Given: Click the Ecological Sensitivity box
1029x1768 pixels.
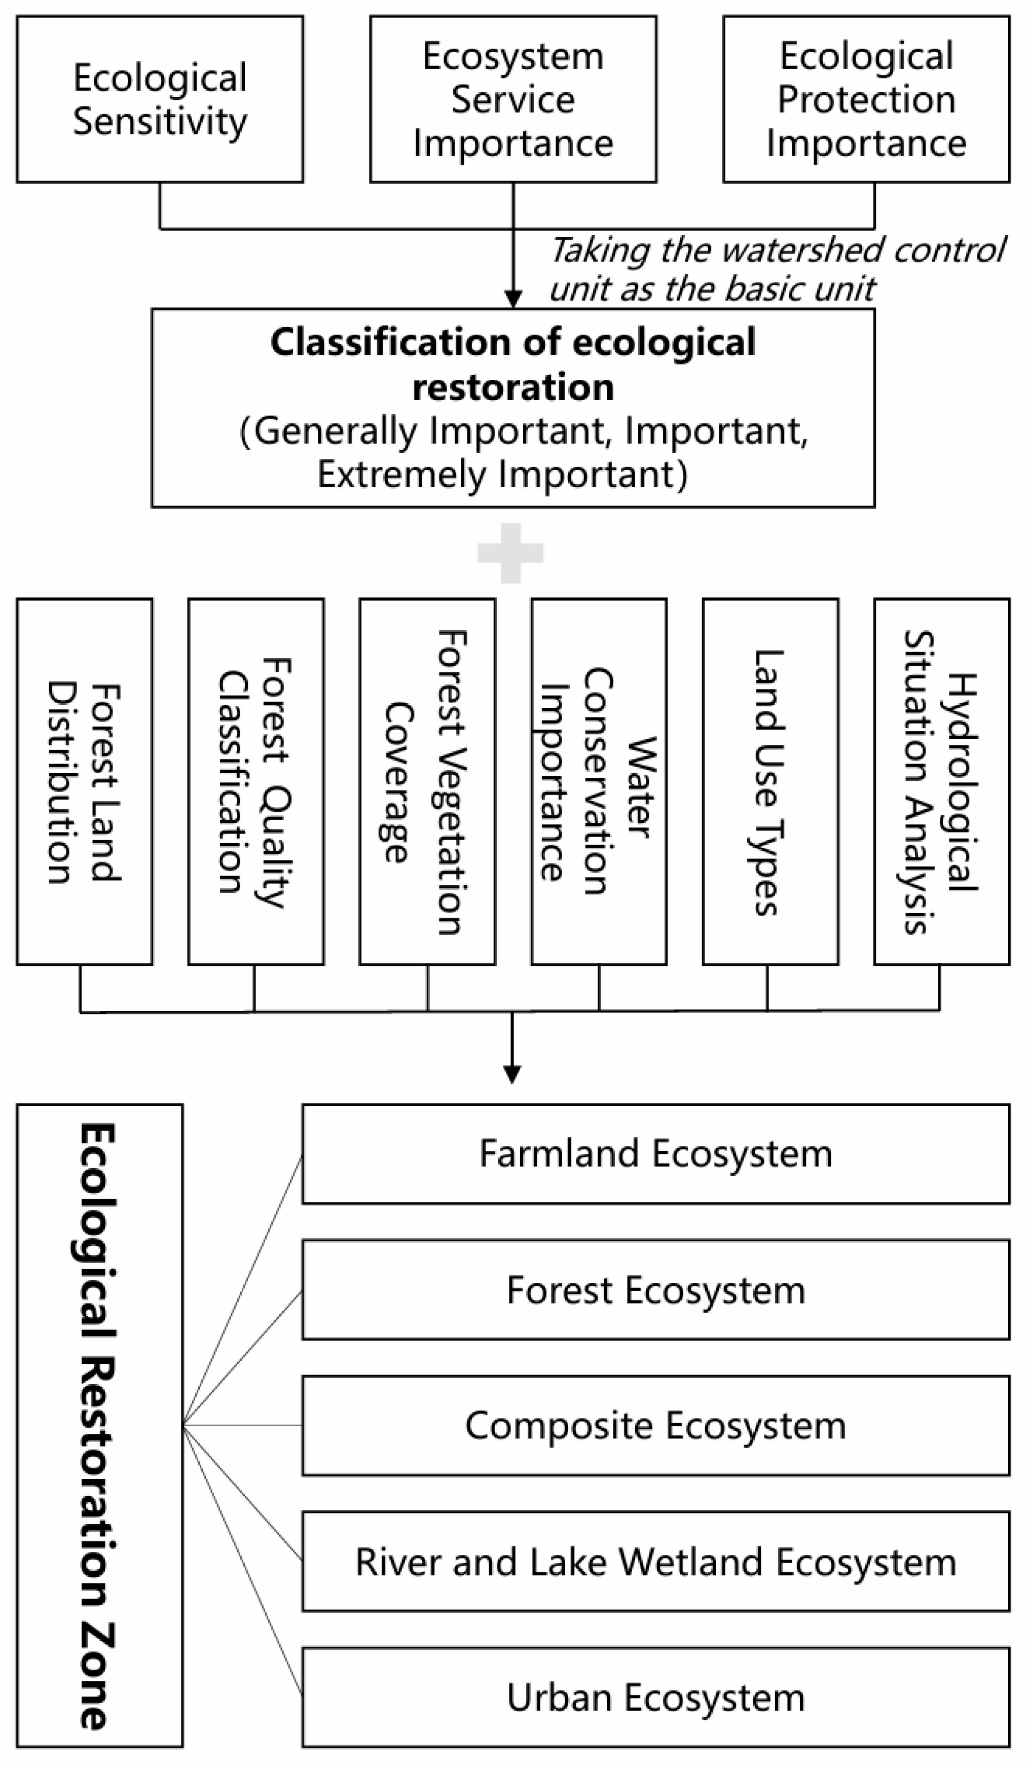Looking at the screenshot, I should [x=160, y=99].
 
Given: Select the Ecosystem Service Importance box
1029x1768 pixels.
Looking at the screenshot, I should [x=513, y=99].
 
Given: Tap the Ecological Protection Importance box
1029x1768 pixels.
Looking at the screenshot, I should [x=866, y=99].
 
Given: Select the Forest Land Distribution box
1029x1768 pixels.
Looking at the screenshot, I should [x=85, y=781].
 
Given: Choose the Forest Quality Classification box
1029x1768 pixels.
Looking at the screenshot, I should [x=256, y=781].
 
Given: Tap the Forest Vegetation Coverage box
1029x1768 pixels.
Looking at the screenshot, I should [x=427, y=781].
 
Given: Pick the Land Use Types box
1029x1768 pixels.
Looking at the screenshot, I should [x=770, y=781].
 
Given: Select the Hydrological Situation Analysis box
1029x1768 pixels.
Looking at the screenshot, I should [x=941, y=781].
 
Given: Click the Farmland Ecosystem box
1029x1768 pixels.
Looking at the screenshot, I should [x=656, y=1154].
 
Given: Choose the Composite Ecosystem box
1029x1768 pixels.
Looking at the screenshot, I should [x=656, y=1426].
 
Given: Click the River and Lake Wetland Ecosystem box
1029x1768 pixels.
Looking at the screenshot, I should [x=656, y=1562].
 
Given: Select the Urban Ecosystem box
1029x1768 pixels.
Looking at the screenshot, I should [x=656, y=1698].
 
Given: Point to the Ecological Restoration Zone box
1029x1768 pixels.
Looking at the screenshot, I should [x=99, y=1426].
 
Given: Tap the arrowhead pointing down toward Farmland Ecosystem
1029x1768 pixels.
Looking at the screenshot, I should [x=512, y=1073].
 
